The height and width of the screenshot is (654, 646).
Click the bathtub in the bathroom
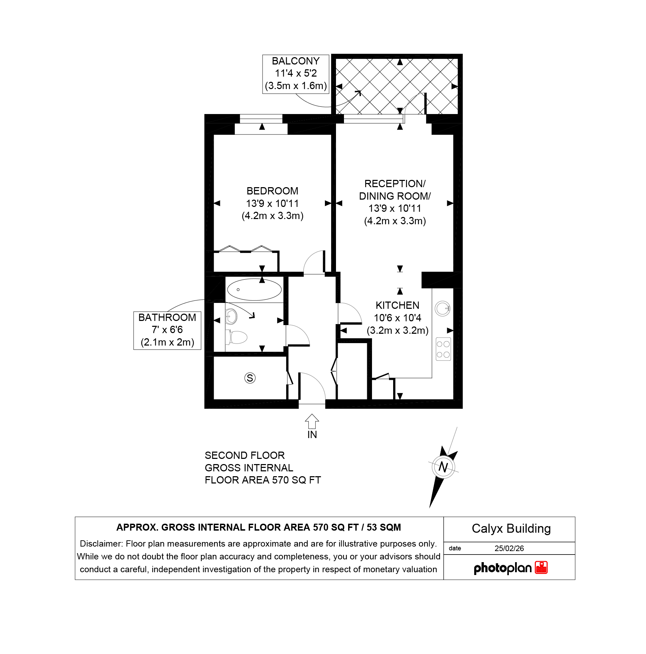pyautogui.click(x=254, y=289)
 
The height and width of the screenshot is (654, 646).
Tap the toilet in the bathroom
pyautogui.click(x=237, y=337)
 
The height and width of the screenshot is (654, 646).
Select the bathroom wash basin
pyautogui.click(x=231, y=316)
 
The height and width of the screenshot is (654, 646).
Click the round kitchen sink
pyautogui.click(x=443, y=308)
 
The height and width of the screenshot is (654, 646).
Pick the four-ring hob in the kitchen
pyautogui.click(x=443, y=349)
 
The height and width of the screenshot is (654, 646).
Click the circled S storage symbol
pyautogui.click(x=250, y=378)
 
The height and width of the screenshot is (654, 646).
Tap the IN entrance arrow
pyautogui.click(x=312, y=421)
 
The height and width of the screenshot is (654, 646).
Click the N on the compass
pyautogui.click(x=443, y=467)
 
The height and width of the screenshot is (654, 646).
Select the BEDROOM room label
pyautogui.click(x=273, y=191)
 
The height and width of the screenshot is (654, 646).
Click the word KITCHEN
pyautogui.click(x=398, y=305)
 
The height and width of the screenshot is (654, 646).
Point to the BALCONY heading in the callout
pyautogui.click(x=296, y=61)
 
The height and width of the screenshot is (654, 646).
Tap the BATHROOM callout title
pyautogui.click(x=167, y=317)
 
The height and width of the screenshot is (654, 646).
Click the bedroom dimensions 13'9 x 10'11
pyautogui.click(x=273, y=203)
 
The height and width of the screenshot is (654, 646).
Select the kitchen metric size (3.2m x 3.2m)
pyautogui.click(x=398, y=330)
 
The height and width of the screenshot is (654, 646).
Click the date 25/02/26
pyautogui.click(x=509, y=548)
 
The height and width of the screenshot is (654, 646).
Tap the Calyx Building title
pyautogui.click(x=511, y=529)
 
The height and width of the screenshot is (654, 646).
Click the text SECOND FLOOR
pyautogui.click(x=245, y=455)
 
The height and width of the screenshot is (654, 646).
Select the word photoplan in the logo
pyautogui.click(x=503, y=568)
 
